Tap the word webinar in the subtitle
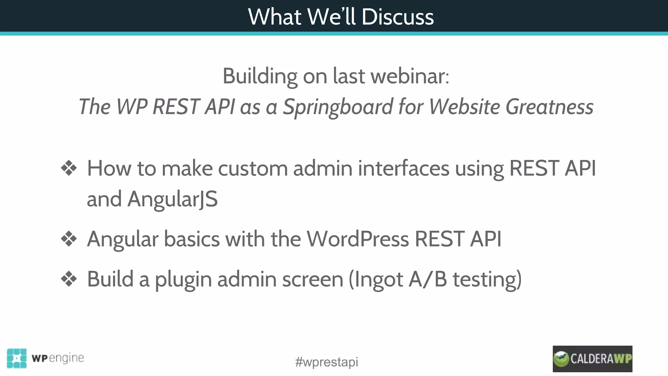coord(410,76)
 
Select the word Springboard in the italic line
coord(338,107)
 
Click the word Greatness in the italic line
coord(549,107)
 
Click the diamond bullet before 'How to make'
coord(69,168)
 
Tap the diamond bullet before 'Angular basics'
coord(69,239)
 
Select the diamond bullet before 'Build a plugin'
coord(69,279)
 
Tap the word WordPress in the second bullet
coord(357,239)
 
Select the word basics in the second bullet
coord(192,239)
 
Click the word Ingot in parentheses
coord(378,279)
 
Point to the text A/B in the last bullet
coord(428,279)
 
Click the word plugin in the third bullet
coord(183,279)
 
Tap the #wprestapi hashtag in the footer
coord(326,362)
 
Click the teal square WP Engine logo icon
coord(17,358)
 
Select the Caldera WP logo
coord(592,359)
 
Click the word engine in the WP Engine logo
coord(67,358)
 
